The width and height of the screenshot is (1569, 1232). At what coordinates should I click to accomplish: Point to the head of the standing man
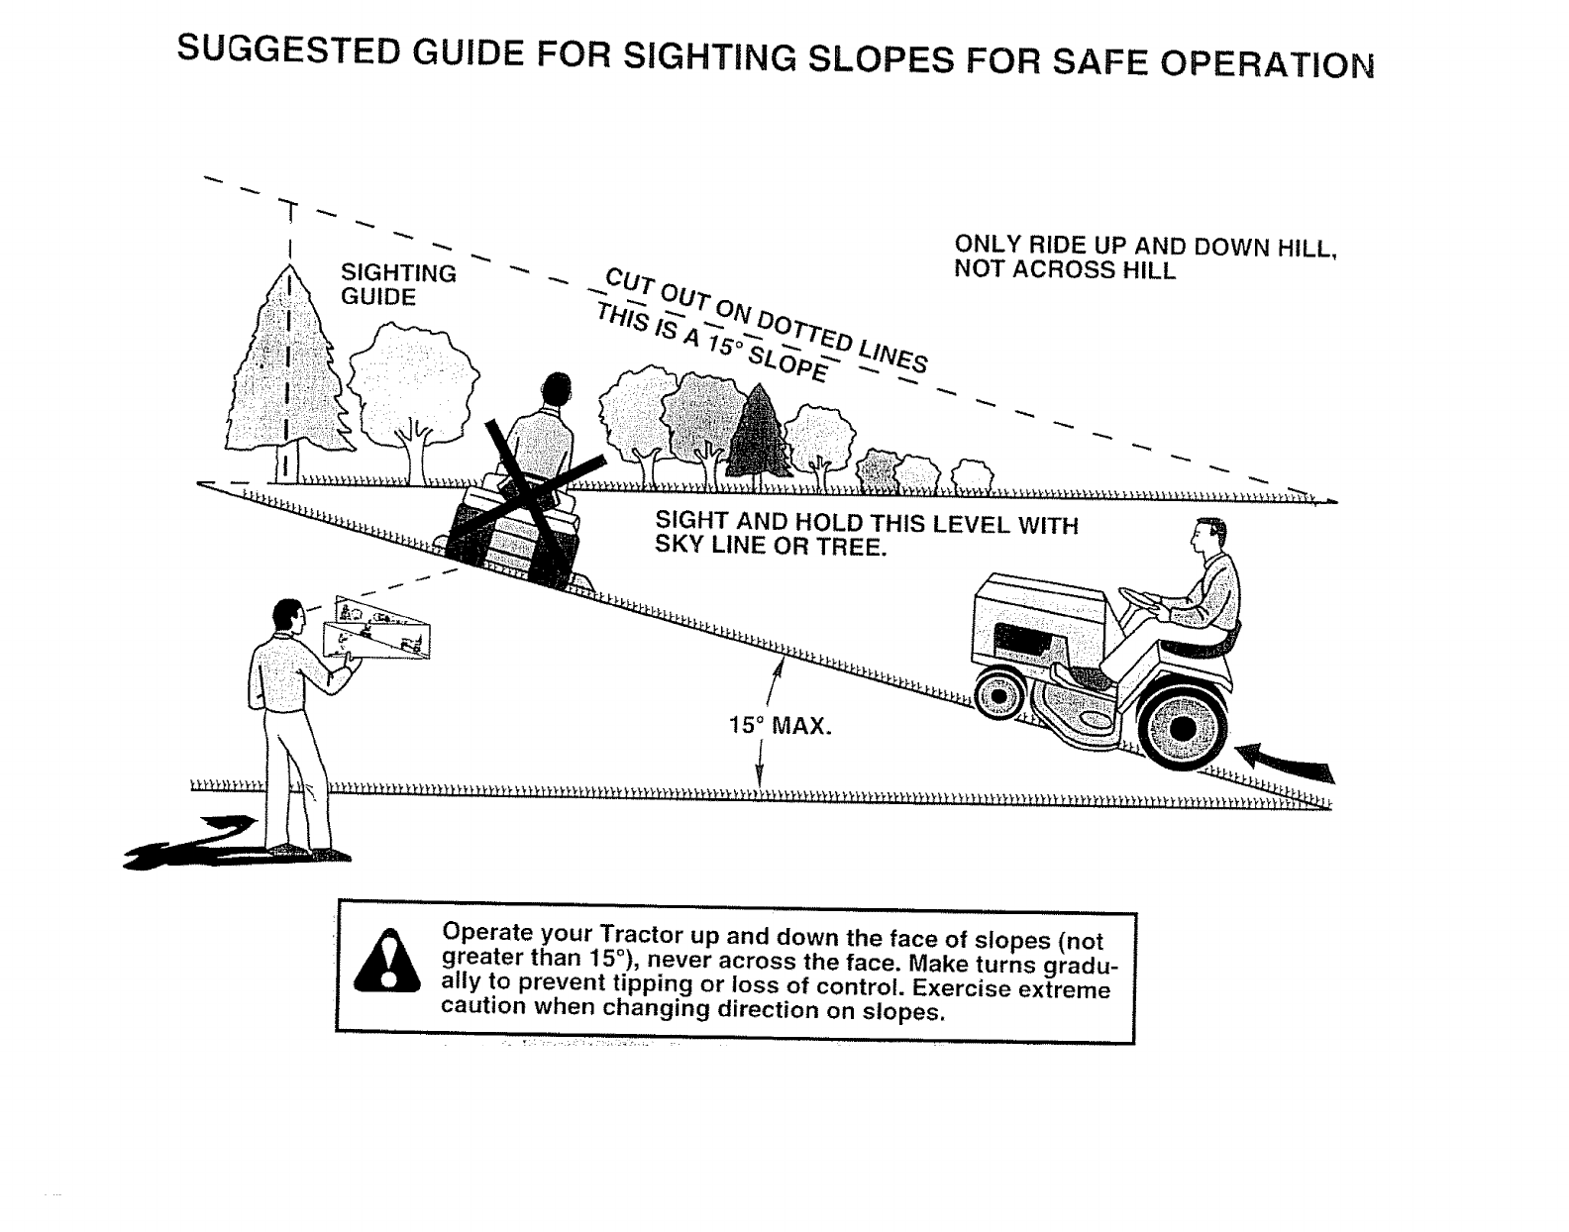[x=287, y=615]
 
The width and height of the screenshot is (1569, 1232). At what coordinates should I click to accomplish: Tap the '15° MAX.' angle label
[x=780, y=726]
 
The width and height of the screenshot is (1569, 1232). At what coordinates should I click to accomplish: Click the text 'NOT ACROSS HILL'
[x=1065, y=270]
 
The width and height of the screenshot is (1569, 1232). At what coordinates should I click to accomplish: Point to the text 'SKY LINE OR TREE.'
[x=769, y=547]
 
